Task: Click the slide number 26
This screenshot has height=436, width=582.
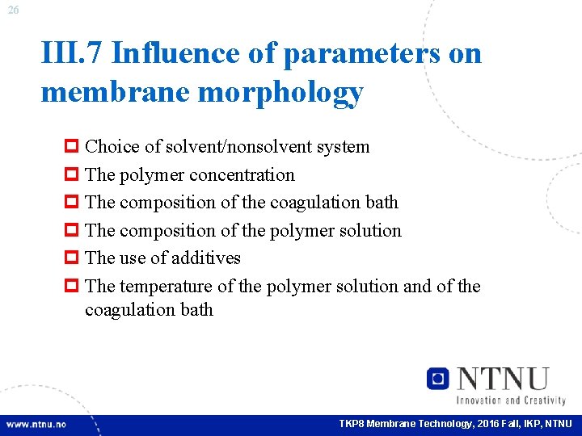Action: pyautogui.click(x=14, y=10)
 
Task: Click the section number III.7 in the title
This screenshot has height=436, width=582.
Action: pyautogui.click(x=70, y=54)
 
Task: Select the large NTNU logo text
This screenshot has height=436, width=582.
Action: pyautogui.click(x=503, y=378)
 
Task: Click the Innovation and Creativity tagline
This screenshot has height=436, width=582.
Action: pyautogui.click(x=511, y=400)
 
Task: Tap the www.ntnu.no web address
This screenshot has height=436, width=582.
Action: pyautogui.click(x=37, y=424)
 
